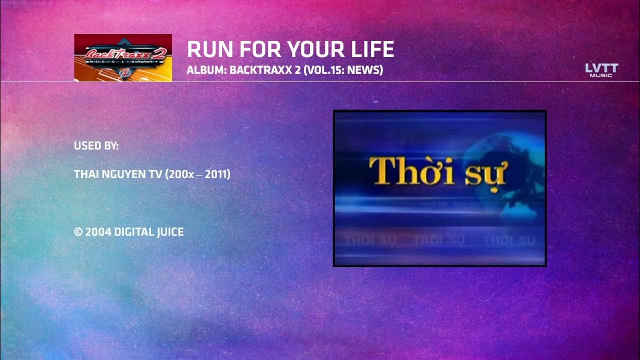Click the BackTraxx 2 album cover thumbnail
pos(123,57)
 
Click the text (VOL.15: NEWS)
pos(343,70)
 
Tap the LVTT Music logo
pos(601,70)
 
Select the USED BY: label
pos(96,146)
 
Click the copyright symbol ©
pos(78,232)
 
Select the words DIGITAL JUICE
pos(149,232)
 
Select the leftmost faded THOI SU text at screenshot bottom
pos(370,241)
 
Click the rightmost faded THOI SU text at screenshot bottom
pos(509,241)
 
